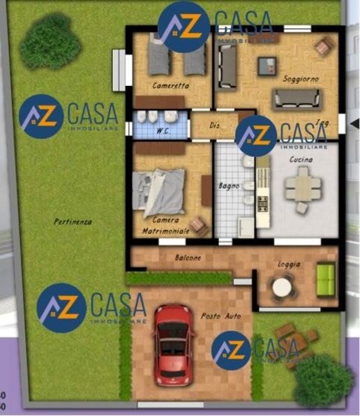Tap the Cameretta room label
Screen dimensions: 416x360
[x=170, y=87]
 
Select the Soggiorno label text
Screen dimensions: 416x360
[x=301, y=80]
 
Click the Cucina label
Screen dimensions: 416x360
[x=301, y=160]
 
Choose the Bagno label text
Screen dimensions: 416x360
[x=229, y=186]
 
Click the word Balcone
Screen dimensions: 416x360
[x=188, y=258]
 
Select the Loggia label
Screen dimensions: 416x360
[x=288, y=265]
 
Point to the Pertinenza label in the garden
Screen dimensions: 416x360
[x=73, y=221]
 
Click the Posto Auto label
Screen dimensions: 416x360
[x=220, y=316]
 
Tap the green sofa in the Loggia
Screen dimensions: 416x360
[x=326, y=279]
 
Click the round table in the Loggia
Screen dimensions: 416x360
[x=283, y=287]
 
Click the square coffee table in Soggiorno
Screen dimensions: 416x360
[x=266, y=66]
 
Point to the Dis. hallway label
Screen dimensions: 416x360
[x=216, y=126]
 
